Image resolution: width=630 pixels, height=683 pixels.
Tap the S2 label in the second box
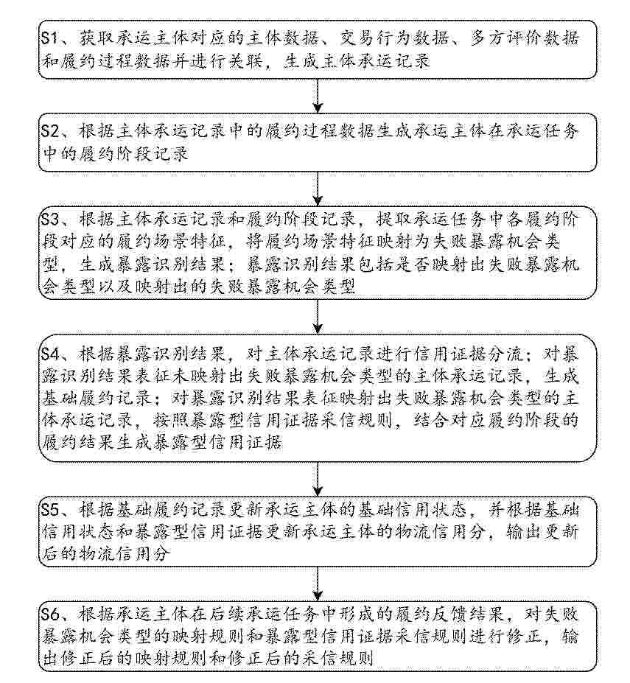point(50,130)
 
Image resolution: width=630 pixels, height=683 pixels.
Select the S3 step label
point(50,219)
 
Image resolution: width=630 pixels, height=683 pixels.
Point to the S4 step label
point(50,353)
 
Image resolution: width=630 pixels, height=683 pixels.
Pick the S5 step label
point(50,509)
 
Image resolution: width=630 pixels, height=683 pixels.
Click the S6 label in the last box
point(50,614)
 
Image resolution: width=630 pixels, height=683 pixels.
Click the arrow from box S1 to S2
point(318,96)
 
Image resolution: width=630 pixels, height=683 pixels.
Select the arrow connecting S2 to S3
point(318,189)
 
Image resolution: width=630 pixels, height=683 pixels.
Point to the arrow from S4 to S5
point(318,479)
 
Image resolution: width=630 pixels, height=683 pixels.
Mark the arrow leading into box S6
point(318,584)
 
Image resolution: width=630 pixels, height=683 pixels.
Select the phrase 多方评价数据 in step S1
point(525,38)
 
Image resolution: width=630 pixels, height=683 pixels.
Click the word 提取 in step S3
point(394,219)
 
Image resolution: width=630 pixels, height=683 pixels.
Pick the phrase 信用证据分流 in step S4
point(469,353)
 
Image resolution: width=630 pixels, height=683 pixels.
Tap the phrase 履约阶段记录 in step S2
point(133,153)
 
